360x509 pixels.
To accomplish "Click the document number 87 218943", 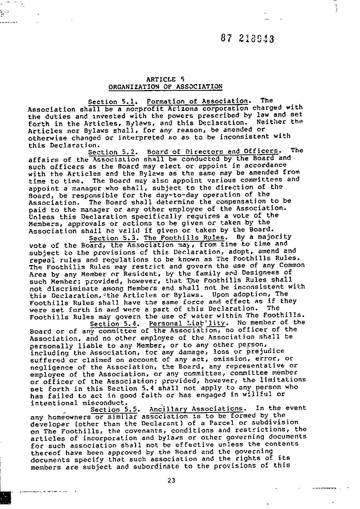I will tap(247, 38).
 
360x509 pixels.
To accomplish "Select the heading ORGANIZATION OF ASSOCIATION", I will tap(165, 87).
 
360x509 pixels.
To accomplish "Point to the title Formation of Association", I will tap(197, 101).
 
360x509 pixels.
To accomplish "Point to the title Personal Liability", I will tap(187, 323).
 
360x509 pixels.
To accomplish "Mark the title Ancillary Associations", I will tap(197, 409).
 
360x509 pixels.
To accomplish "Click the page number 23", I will tap(171, 480).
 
